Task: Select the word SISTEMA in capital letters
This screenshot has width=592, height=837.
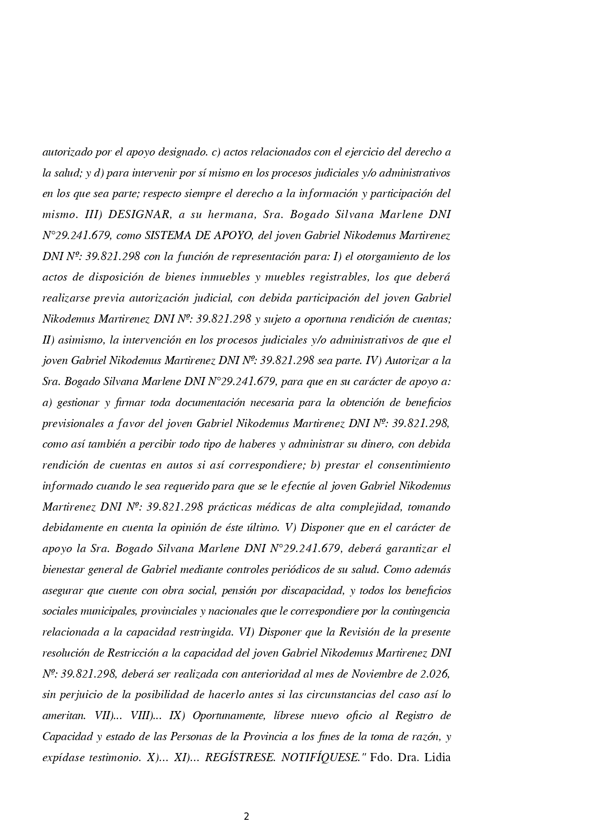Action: coord(164,236)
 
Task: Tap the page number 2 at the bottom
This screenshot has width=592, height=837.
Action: coord(246,816)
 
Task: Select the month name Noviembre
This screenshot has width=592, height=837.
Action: coord(378,674)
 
